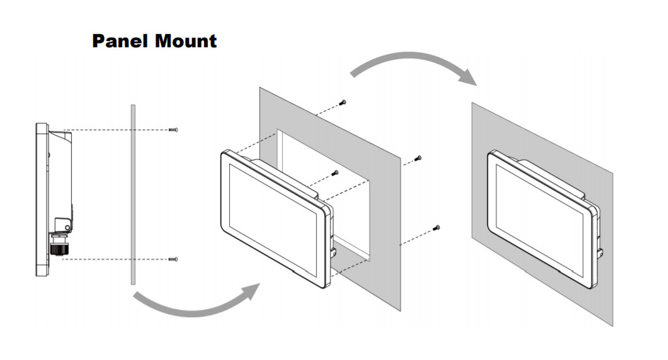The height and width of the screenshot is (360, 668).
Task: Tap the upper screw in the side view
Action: point(175,130)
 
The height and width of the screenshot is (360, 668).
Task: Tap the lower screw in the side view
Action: point(175,259)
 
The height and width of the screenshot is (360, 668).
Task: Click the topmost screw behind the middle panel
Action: point(343,102)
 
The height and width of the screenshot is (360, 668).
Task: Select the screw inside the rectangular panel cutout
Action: point(336,172)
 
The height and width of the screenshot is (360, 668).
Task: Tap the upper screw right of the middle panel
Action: point(419,158)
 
